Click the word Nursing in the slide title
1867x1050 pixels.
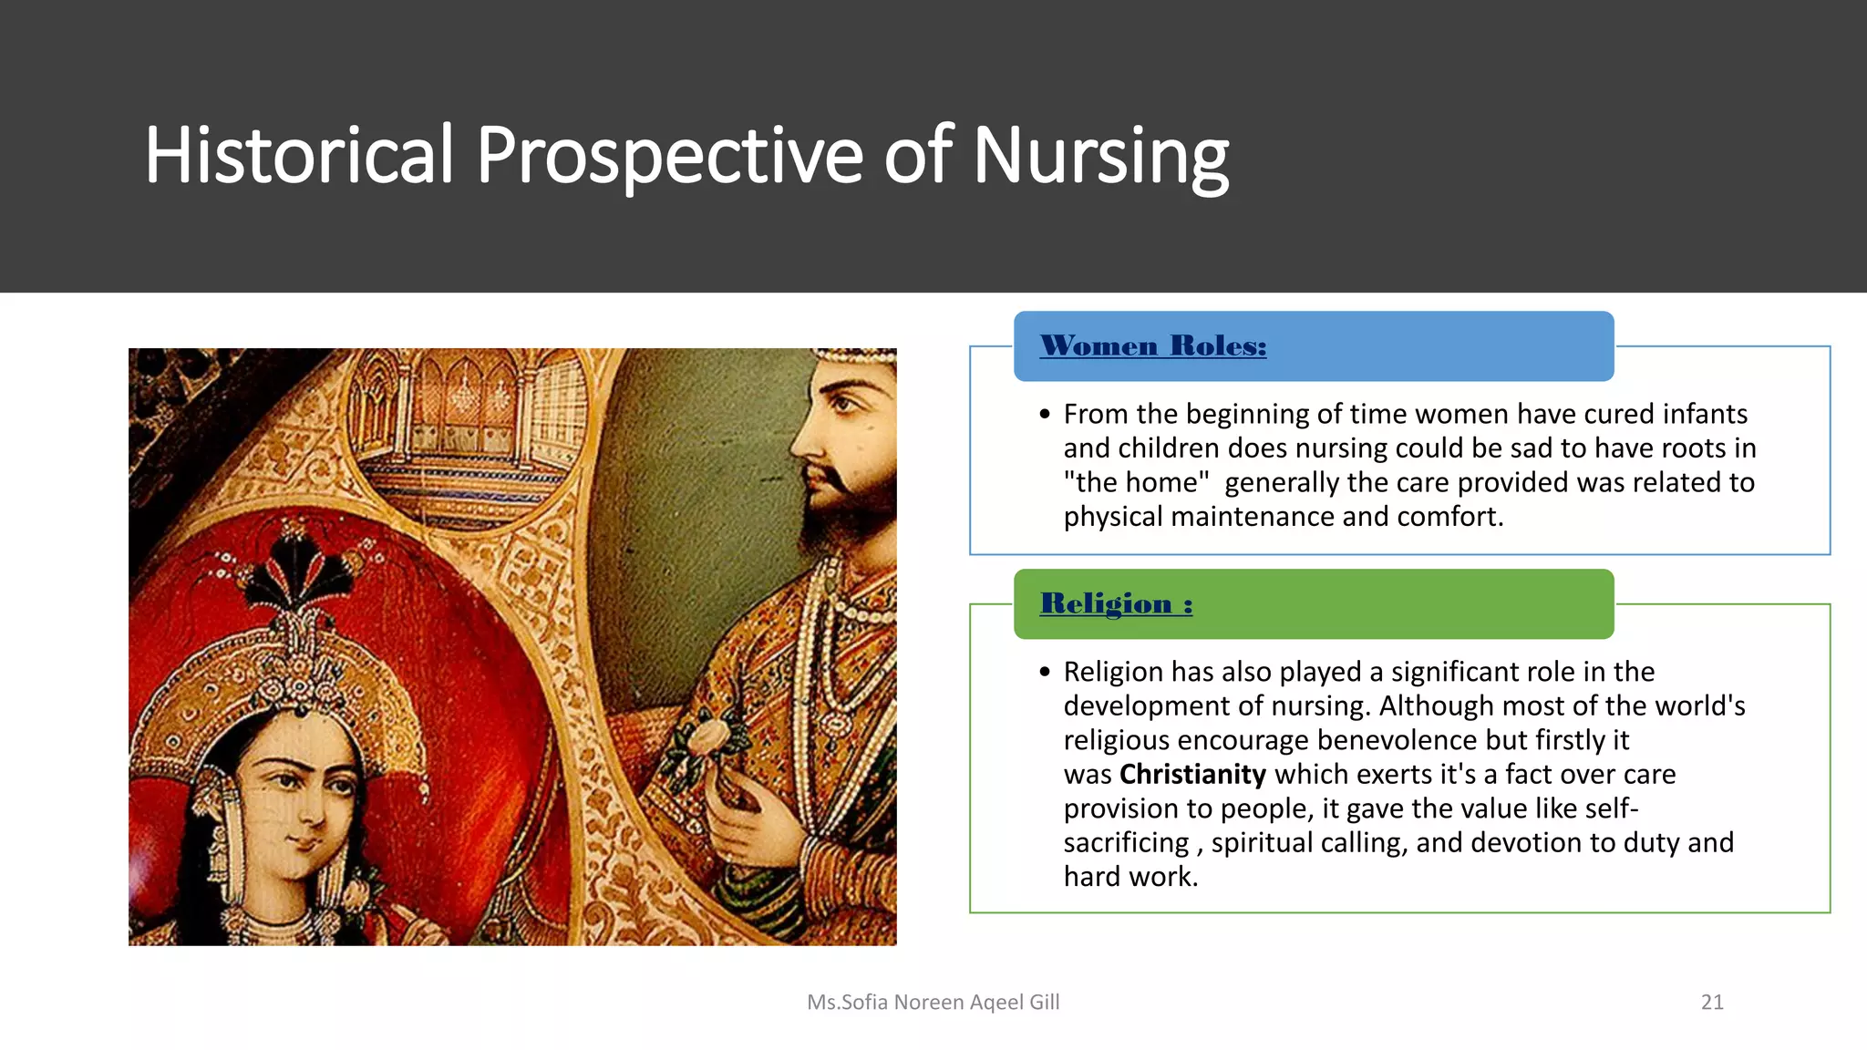(1100, 156)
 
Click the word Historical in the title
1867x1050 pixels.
(299, 156)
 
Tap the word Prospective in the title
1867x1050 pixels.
(669, 156)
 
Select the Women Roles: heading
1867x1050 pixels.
(1153, 346)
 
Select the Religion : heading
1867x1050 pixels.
(1116, 603)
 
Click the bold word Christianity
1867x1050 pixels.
(1192, 774)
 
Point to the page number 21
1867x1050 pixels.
(1712, 1002)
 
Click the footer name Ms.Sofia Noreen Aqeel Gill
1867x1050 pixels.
(933, 1002)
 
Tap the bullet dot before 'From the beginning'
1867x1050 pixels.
(1045, 415)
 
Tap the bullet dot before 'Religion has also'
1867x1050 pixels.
(1045, 673)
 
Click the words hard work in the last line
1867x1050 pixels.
(1130, 877)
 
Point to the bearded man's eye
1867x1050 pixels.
(845, 404)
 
